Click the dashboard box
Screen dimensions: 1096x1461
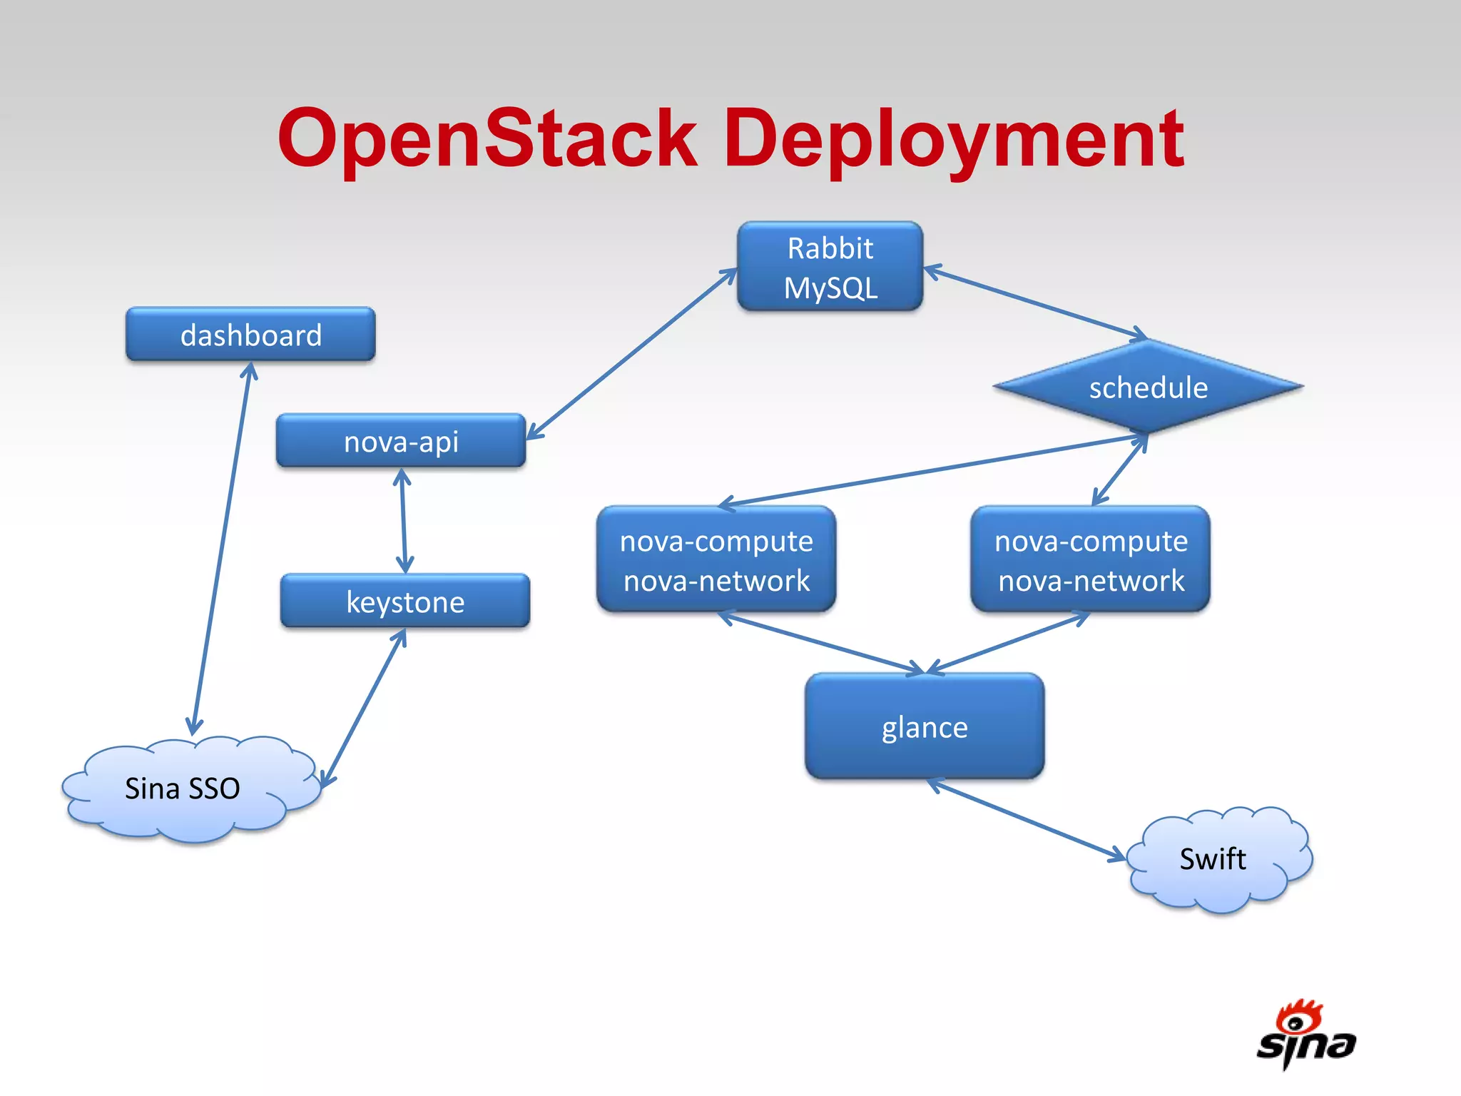250,334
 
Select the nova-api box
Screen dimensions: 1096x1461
401,441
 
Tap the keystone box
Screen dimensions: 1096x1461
405,601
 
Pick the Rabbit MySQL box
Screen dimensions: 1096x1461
830,266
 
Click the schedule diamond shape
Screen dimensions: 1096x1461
1148,387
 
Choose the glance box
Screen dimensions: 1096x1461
925,726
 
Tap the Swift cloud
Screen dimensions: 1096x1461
1216,858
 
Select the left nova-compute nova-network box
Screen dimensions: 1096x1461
716,560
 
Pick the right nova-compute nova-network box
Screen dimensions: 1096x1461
1090,560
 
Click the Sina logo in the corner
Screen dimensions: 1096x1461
1305,1037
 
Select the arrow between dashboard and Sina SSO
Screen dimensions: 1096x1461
221,549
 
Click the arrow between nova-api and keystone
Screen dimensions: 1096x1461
403,521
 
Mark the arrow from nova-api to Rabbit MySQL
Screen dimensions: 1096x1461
631,354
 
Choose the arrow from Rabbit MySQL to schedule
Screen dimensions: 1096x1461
1034,301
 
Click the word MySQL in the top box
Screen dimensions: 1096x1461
830,288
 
